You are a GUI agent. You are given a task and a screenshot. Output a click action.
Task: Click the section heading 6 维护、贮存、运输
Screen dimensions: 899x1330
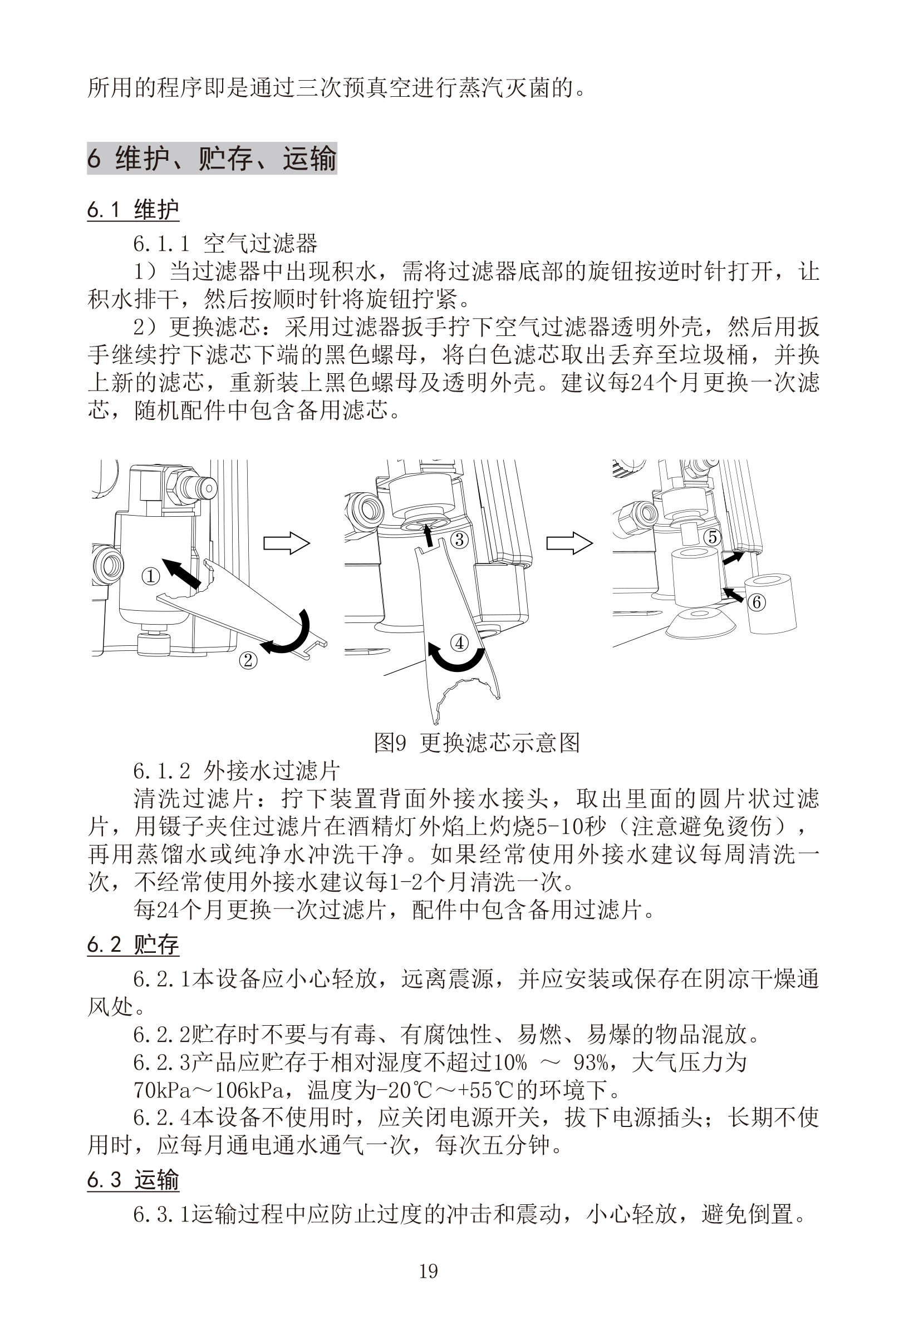point(212,159)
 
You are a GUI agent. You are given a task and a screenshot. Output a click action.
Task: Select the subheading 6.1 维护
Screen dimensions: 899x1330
point(133,210)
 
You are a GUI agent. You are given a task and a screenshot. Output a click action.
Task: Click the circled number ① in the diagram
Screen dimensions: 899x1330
point(151,576)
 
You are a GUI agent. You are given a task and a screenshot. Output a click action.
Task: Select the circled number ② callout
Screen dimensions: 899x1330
point(248,660)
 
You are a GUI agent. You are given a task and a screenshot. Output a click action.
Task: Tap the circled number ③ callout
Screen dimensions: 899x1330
point(460,539)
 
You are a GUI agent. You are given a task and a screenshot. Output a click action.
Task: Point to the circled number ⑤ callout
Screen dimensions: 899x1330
point(713,537)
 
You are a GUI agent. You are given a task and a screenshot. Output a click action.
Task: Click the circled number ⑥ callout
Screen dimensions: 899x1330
point(756,602)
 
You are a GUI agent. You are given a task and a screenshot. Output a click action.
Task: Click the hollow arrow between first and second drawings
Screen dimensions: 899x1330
point(286,542)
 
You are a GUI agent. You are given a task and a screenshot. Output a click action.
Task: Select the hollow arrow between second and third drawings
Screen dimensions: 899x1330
point(569,542)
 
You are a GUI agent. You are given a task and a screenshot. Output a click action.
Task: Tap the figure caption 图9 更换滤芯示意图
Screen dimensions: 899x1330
point(476,743)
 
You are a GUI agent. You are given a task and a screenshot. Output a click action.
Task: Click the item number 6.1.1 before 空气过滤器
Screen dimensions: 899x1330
point(161,244)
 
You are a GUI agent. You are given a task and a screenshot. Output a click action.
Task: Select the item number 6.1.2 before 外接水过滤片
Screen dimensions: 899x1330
point(161,772)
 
